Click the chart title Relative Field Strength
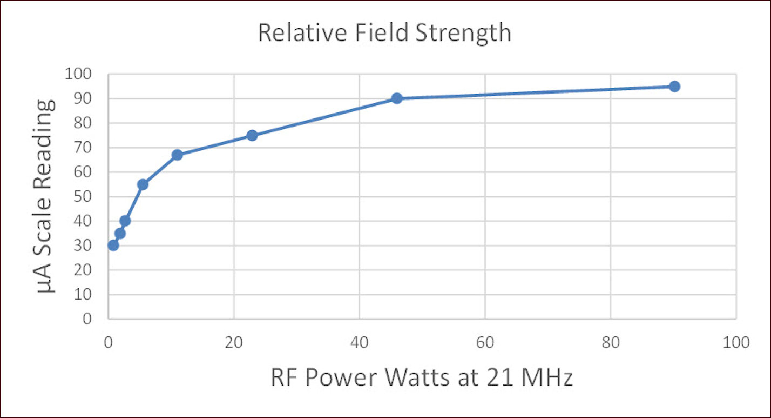pyautogui.click(x=384, y=33)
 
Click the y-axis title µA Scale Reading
pyautogui.click(x=46, y=196)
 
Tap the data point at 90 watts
pyautogui.click(x=674, y=87)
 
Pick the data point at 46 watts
pyautogui.click(x=397, y=98)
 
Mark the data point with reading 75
pyautogui.click(x=252, y=135)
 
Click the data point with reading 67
pyautogui.click(x=177, y=155)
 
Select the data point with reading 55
pyautogui.click(x=143, y=184)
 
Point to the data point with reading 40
pyautogui.click(x=125, y=221)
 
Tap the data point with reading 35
pyautogui.click(x=120, y=234)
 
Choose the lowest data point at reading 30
pyautogui.click(x=113, y=246)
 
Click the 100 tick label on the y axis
pyautogui.click(x=78, y=74)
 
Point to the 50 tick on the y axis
pyautogui.click(x=83, y=197)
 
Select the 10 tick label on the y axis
pyautogui.click(x=83, y=295)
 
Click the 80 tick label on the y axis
pyautogui.click(x=83, y=123)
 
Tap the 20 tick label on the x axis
pyautogui.click(x=234, y=343)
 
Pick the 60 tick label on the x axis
pyautogui.click(x=485, y=343)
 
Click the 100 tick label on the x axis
pyautogui.click(x=735, y=343)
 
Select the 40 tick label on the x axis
pyautogui.click(x=360, y=343)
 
